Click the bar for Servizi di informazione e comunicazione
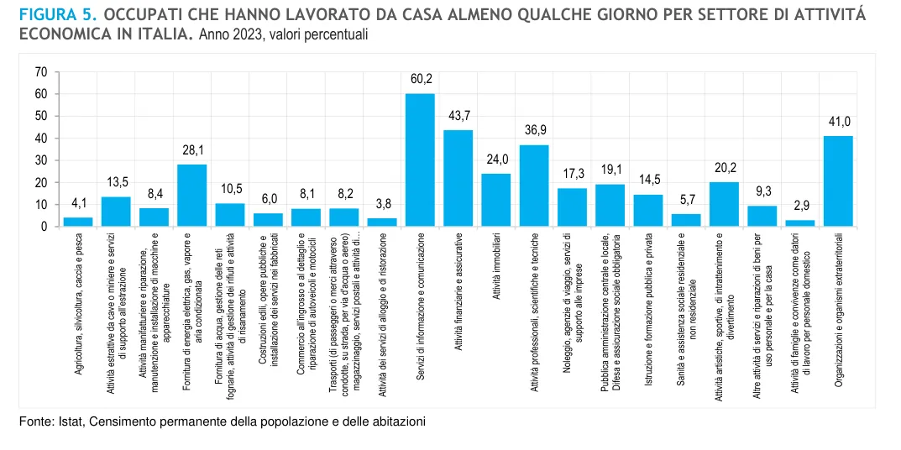coord(420,160)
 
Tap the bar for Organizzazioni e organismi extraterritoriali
coord(838,181)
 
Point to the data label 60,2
coord(421,79)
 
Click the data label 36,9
coord(534,130)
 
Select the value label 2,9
coord(800,205)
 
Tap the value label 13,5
coord(116,181)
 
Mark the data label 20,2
coord(724,167)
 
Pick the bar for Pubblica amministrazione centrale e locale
coord(610,205)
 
